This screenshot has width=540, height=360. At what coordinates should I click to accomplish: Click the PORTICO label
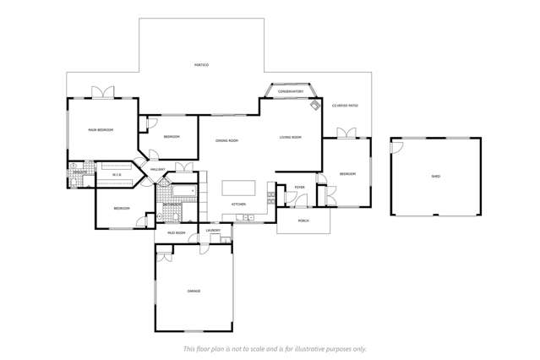pos(201,65)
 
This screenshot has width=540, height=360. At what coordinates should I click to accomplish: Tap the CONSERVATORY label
pos(292,91)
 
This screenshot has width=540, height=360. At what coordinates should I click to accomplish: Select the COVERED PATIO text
pos(345,106)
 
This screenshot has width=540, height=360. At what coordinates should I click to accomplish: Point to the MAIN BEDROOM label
pos(101,130)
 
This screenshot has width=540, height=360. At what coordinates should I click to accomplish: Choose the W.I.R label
pos(117,175)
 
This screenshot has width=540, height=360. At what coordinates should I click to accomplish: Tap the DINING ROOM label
pos(226,140)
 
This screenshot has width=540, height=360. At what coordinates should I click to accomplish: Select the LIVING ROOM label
pos(291,137)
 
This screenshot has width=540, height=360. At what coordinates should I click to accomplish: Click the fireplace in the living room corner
pos(314,106)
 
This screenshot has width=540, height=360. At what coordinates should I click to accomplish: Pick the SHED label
pos(435,177)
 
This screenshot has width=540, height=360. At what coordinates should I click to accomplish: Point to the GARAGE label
pos(194,291)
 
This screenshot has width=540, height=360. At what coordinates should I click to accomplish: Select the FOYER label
pos(299,188)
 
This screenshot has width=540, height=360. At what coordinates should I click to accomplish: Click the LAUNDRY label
pos(214,230)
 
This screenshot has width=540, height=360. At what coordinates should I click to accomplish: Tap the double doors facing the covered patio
pos(345,133)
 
